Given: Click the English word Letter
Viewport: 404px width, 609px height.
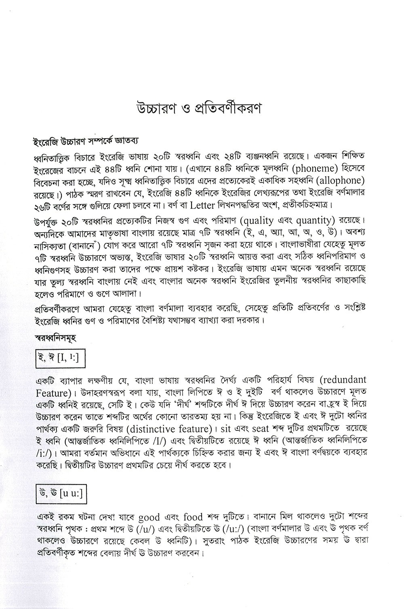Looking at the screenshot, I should click(x=205, y=204).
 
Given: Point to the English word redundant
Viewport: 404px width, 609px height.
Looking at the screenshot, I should click(x=344, y=380).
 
